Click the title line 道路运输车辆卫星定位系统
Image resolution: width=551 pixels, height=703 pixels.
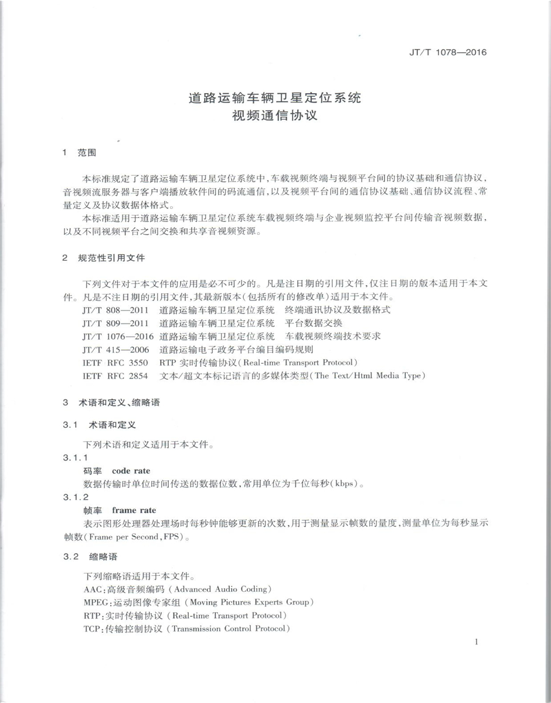275,98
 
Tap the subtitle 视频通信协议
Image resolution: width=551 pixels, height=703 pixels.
275,115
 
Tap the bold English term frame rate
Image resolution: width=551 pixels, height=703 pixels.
134,510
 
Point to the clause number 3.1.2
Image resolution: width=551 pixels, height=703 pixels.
75,497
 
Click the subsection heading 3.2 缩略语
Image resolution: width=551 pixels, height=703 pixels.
90,556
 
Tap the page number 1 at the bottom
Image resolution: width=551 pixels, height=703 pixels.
477,642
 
